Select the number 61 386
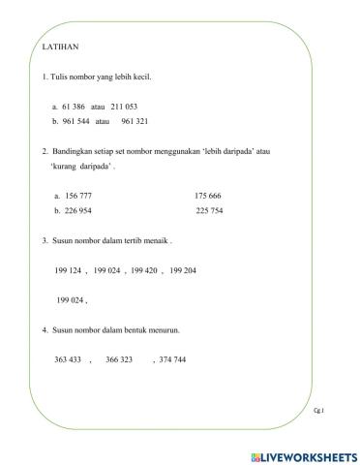click(74, 106)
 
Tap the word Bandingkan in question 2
click(75, 151)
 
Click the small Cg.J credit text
click(319, 411)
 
